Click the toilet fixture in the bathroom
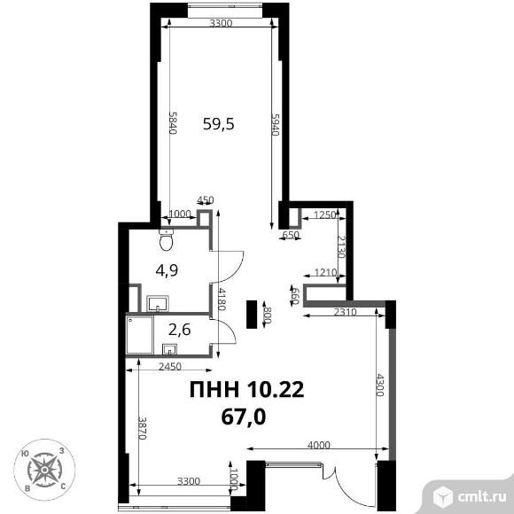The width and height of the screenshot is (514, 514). [x=167, y=239]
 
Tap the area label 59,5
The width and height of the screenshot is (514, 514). [x=219, y=124]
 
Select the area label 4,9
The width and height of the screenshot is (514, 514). [x=167, y=271]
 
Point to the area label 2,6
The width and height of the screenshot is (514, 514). [x=179, y=330]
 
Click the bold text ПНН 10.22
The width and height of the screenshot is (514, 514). [x=247, y=390]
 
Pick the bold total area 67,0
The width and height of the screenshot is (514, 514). [x=243, y=417]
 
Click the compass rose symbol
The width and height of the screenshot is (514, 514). [x=44, y=470]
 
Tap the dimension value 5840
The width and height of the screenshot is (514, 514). [x=173, y=122]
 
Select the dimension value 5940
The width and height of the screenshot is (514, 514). [x=275, y=125]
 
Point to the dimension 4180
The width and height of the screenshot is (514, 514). [x=222, y=299]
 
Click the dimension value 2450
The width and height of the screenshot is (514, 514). [x=170, y=367]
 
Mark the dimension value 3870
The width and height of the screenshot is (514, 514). [x=142, y=428]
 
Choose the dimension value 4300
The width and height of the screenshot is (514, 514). [x=379, y=385]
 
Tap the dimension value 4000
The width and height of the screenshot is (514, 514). [x=319, y=445]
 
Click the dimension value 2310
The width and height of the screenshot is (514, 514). [x=345, y=312]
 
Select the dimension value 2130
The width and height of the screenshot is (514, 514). [x=341, y=247]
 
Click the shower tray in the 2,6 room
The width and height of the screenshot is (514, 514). [x=140, y=335]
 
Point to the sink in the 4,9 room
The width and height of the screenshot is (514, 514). [x=158, y=303]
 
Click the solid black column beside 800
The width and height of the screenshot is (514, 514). [x=253, y=314]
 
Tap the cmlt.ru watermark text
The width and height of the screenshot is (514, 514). [x=482, y=497]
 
